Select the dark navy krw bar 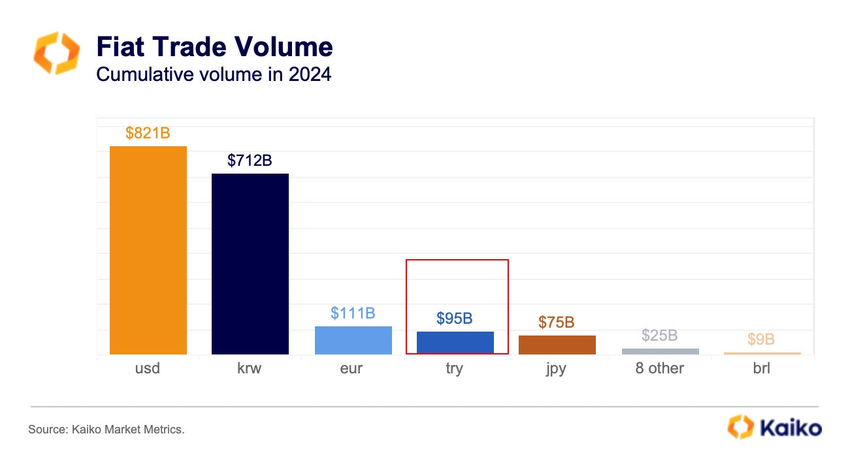250,264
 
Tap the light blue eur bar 353,340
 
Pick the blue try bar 455,343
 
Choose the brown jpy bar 557,345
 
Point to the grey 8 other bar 660,351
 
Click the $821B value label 148,133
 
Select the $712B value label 250,161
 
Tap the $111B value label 353,313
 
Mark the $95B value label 455,319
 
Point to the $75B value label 557,322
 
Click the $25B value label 660,336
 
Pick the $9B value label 761,339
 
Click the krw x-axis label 250,369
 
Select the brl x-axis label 761,369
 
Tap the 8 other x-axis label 660,369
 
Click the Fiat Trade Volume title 214,47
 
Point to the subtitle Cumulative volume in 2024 214,74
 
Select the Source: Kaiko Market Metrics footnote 106,430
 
